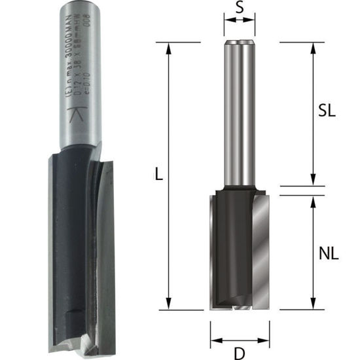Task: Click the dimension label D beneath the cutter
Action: pyautogui.click(x=240, y=353)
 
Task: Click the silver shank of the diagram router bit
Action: pyautogui.click(x=240, y=118)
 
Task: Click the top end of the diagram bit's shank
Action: pyautogui.click(x=240, y=43)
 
